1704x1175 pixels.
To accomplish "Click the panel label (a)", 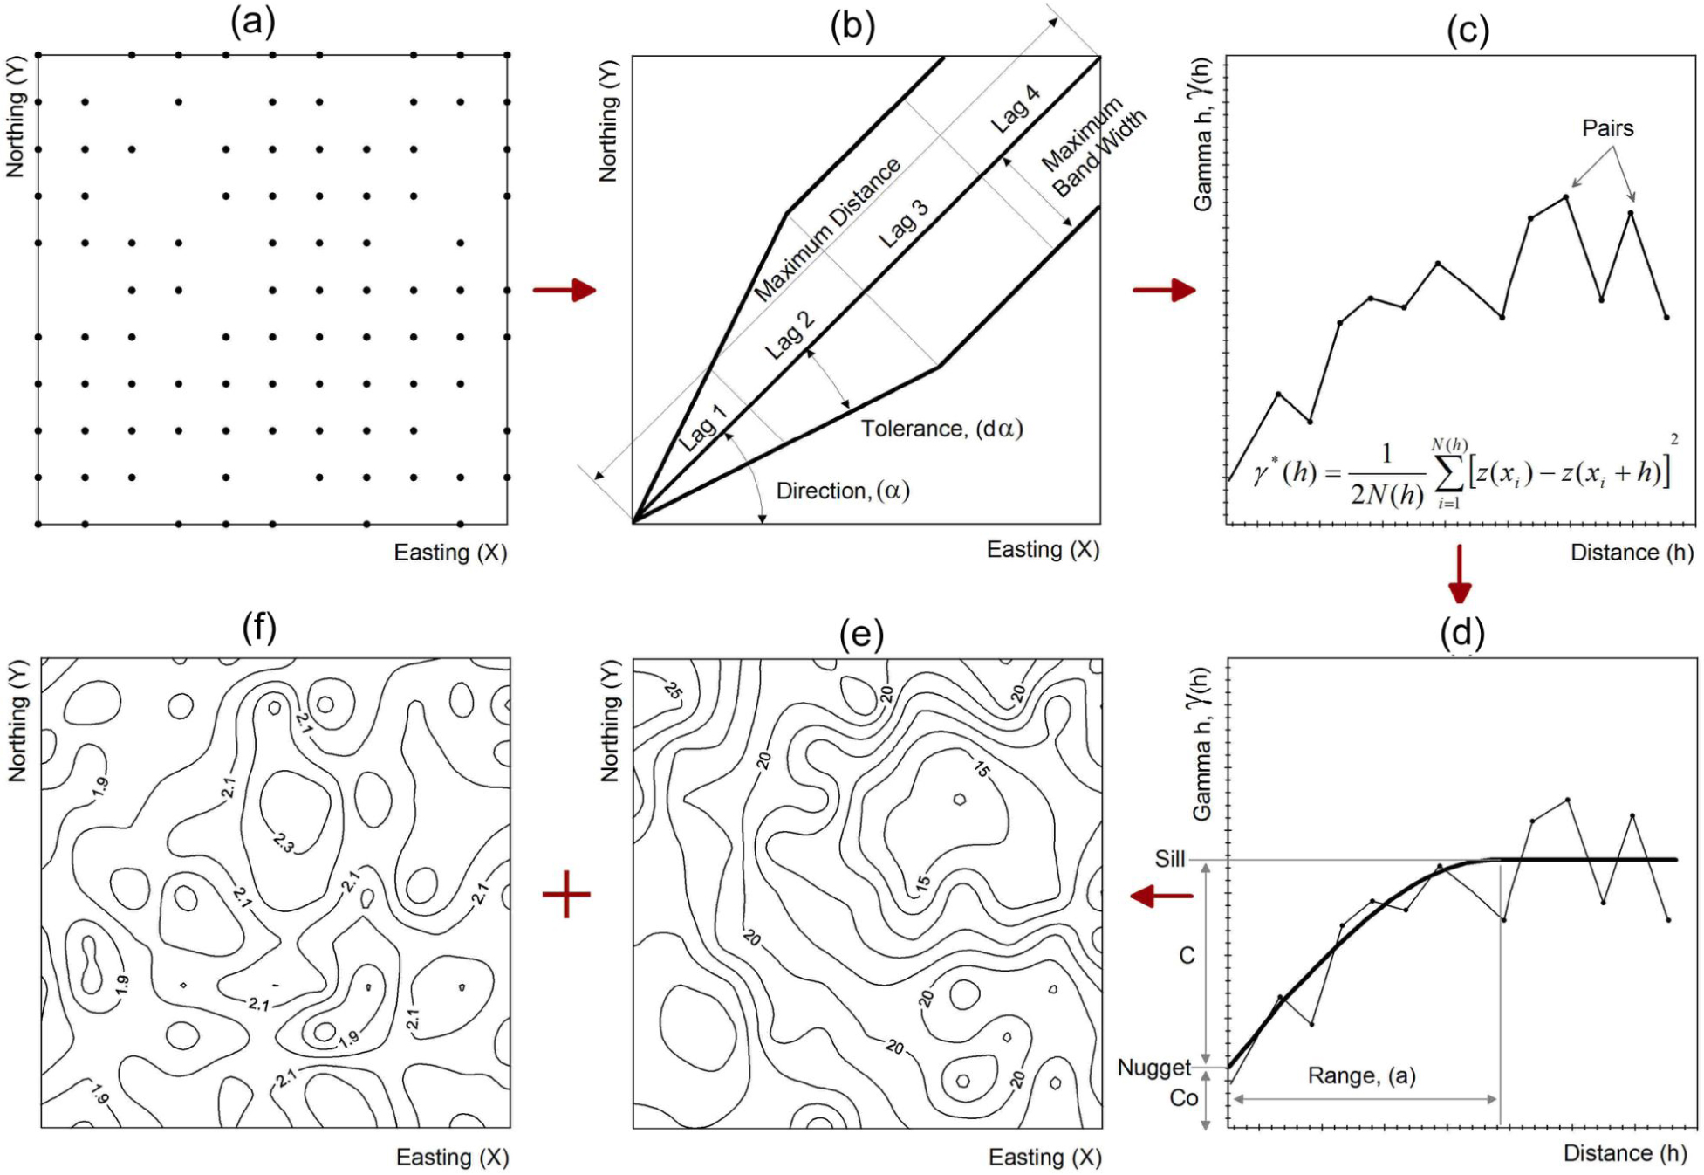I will [252, 21].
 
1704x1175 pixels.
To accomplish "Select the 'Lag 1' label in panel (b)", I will [702, 427].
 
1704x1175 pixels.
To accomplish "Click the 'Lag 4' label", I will [1015, 109].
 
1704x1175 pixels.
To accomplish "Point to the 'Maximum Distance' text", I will [826, 230].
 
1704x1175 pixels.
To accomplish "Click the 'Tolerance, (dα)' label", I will [941, 429].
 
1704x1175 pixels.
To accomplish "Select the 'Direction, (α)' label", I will [842, 491].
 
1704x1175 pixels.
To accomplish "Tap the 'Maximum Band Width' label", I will [1093, 149].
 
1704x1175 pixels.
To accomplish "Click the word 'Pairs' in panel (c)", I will [1607, 128].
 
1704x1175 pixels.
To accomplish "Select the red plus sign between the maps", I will [566, 894].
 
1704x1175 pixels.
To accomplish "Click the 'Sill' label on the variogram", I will [1169, 859].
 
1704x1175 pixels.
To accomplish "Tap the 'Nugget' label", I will [1153, 1068].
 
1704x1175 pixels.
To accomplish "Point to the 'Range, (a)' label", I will [1361, 1075].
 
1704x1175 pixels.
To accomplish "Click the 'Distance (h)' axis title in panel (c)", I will [1631, 552].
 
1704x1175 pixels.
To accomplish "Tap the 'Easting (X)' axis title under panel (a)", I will [450, 552].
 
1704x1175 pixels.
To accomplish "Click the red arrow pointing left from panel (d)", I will [1161, 896].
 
